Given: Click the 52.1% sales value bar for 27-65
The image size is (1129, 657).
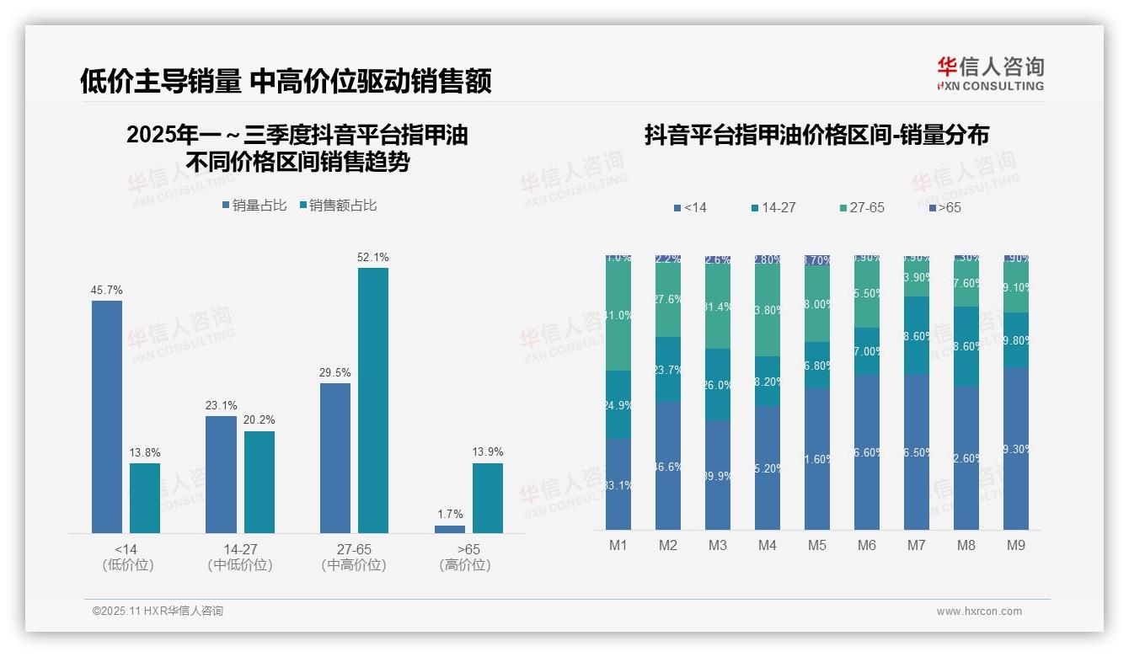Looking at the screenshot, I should [x=372, y=400].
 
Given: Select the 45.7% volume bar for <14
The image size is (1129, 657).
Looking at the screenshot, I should [x=107, y=416].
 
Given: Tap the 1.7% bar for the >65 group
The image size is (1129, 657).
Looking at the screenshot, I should [x=450, y=529].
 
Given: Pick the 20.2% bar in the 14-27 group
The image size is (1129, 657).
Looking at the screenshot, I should [x=260, y=482].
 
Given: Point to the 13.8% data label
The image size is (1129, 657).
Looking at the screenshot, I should [x=145, y=452].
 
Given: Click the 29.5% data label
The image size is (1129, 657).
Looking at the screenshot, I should [x=335, y=372].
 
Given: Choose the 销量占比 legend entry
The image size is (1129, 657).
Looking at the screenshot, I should [x=255, y=206].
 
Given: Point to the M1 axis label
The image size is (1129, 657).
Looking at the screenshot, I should [x=618, y=545].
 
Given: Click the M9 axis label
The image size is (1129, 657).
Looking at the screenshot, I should [x=1016, y=545].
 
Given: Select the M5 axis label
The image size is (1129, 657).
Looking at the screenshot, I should [x=817, y=545].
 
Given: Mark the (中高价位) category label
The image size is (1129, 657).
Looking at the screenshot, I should [x=354, y=565].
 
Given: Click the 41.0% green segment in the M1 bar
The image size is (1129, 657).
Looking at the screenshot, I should [x=618, y=316].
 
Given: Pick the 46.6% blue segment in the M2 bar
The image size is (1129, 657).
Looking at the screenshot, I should [x=668, y=466].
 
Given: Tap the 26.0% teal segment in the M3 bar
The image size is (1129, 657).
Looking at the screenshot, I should [x=718, y=385].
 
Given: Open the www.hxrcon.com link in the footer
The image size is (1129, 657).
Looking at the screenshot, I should [x=979, y=612].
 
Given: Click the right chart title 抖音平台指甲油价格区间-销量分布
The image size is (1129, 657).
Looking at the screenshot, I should [x=816, y=135].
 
